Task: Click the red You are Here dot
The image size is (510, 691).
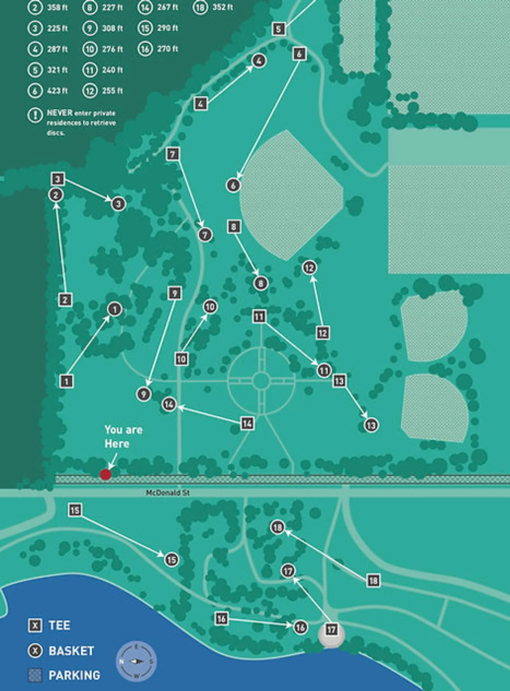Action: click(106, 474)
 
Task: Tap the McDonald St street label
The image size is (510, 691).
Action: click(168, 493)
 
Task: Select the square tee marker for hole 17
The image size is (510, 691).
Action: click(331, 629)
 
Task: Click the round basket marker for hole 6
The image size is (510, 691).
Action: click(233, 185)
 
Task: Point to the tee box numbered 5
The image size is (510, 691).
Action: click(278, 29)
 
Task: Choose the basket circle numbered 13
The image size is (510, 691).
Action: click(371, 425)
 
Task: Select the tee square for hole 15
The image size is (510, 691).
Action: click(75, 510)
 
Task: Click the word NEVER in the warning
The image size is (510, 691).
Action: click(60, 113)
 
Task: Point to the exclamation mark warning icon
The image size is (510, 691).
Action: click(35, 115)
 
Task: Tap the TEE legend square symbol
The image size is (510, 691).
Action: click(35, 626)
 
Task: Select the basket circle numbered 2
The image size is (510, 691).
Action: click(56, 195)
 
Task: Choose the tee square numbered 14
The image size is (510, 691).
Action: click(247, 423)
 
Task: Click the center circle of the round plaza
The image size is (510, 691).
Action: click(261, 381)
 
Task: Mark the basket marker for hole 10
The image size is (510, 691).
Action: click(210, 307)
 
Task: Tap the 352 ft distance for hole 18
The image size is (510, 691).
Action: click(223, 7)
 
